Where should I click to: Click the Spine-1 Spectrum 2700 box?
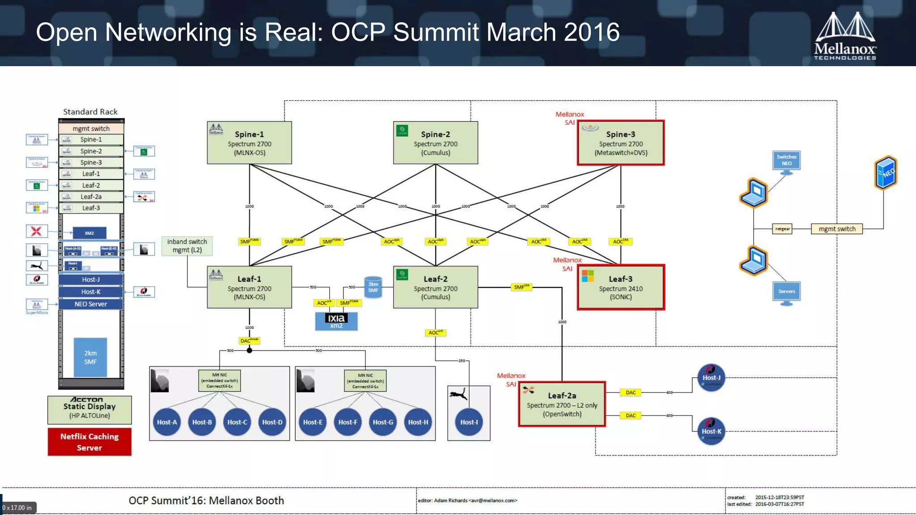[249, 143]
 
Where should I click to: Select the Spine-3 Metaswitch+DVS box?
[620, 143]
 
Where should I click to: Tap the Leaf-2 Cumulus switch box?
[435, 287]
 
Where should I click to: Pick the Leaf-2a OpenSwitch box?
[562, 404]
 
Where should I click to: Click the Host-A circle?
[167, 422]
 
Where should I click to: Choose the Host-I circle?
[469, 422]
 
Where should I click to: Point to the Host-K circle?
[711, 431]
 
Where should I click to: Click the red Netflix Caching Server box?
[89, 442]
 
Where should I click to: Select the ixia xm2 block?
[336, 321]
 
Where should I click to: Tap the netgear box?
[782, 229]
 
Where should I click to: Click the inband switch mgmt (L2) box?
[187, 245]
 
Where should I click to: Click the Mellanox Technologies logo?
[845, 37]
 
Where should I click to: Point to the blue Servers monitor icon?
[786, 292]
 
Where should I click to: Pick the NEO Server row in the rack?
[91, 304]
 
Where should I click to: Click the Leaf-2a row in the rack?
[91, 197]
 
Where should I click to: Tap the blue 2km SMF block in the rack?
[90, 357]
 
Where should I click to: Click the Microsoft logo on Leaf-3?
[588, 276]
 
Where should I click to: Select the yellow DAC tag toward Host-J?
[630, 393]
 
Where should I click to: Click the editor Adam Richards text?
[467, 501]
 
